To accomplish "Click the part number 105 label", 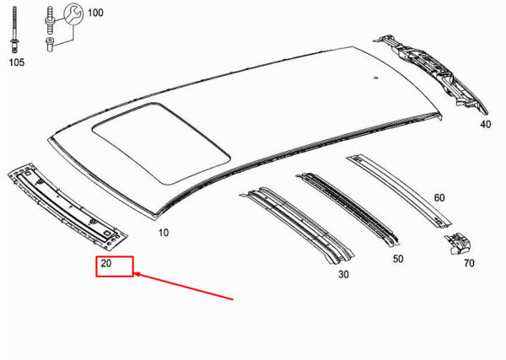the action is (x=17, y=62).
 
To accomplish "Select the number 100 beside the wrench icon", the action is (x=95, y=13).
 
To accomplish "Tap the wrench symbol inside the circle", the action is (x=73, y=13).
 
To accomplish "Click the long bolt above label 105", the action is (x=14, y=29).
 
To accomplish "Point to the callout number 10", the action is (x=164, y=232).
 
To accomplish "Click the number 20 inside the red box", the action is (x=106, y=263).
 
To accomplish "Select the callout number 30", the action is (x=343, y=275).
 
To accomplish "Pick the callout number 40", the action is (x=486, y=124).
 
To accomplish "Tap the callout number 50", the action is (x=398, y=259).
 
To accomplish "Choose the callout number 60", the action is (x=439, y=198).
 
